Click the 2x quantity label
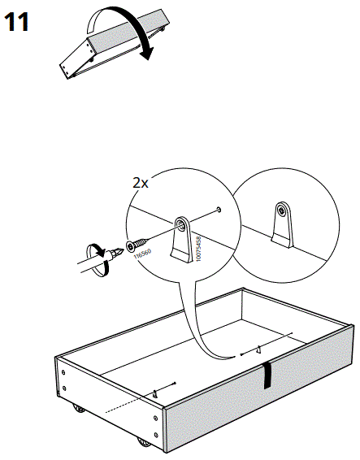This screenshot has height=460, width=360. point(141,183)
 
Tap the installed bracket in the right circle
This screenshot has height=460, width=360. point(281,223)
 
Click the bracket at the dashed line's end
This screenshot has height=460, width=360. point(154,393)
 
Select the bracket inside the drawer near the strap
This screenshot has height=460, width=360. point(258,350)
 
